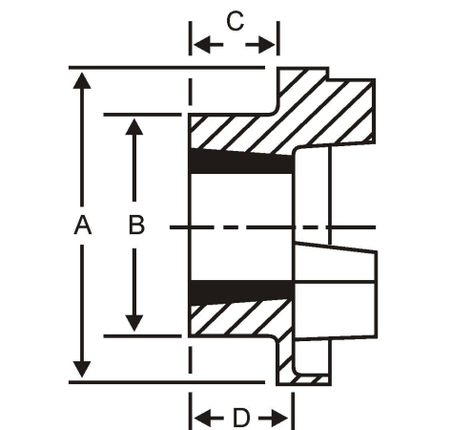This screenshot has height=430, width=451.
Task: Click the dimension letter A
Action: point(83,225)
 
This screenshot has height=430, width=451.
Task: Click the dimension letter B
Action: point(136,225)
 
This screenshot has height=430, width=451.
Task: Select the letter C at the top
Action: point(236,21)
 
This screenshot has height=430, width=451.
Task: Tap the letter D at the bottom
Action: point(241,418)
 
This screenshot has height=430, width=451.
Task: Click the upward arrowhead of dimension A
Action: point(82,80)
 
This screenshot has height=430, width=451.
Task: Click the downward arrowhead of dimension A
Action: point(82,370)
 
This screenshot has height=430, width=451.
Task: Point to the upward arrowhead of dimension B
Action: point(134,126)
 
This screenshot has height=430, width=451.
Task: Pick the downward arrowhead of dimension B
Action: point(134,323)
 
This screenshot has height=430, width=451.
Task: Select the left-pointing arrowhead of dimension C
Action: point(202,45)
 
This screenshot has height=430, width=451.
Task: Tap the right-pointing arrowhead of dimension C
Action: point(266,45)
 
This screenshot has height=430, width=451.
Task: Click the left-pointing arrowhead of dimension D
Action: point(202,418)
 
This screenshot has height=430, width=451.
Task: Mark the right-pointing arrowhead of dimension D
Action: point(280,418)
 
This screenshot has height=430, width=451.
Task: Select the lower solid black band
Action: point(241,290)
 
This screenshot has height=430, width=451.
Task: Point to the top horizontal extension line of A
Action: point(167,68)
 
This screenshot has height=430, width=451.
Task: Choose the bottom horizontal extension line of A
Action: point(167,382)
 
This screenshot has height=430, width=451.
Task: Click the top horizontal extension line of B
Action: point(143,115)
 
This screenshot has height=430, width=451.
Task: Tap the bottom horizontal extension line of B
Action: point(143,336)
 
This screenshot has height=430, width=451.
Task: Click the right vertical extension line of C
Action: point(278,38)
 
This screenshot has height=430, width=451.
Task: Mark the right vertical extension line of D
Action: point(293,411)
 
